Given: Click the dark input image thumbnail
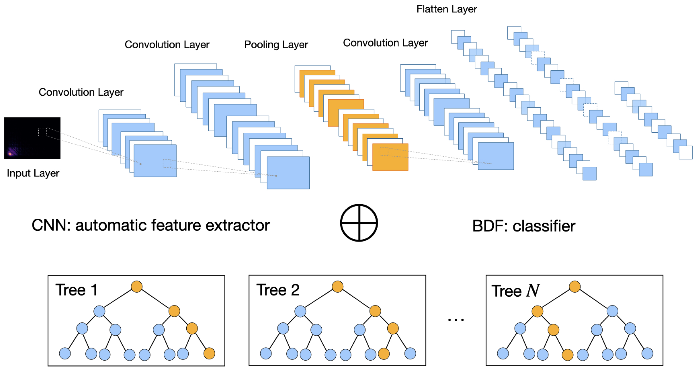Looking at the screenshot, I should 32,138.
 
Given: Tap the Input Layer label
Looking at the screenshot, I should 33,173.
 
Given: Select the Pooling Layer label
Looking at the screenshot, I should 276,45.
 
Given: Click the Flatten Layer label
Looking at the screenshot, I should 446,9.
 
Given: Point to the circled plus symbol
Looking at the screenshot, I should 359,223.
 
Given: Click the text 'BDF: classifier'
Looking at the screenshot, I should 523,226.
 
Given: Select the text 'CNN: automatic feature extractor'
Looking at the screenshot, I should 151,225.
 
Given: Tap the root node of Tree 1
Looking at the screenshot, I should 137,286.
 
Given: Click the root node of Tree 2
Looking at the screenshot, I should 338,286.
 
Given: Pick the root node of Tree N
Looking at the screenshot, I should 575,286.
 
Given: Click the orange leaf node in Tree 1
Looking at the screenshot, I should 209,353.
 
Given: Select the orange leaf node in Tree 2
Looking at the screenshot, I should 384,353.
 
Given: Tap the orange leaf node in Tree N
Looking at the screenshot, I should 567,355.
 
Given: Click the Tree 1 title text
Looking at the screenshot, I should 76,290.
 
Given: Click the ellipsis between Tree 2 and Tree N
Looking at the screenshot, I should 456,320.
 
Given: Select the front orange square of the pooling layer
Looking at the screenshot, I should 390,157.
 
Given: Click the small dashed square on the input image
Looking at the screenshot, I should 42,132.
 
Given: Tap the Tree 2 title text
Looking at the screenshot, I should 278,290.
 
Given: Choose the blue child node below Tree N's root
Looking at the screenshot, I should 612,311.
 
